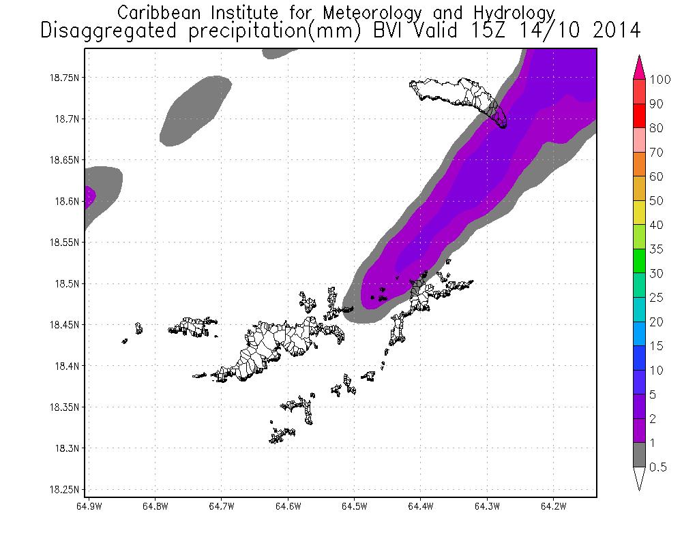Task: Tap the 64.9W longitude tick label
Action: (89, 507)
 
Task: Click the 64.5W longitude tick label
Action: (354, 507)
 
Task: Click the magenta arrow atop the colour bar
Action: (640, 67)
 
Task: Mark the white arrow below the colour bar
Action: (640, 478)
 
